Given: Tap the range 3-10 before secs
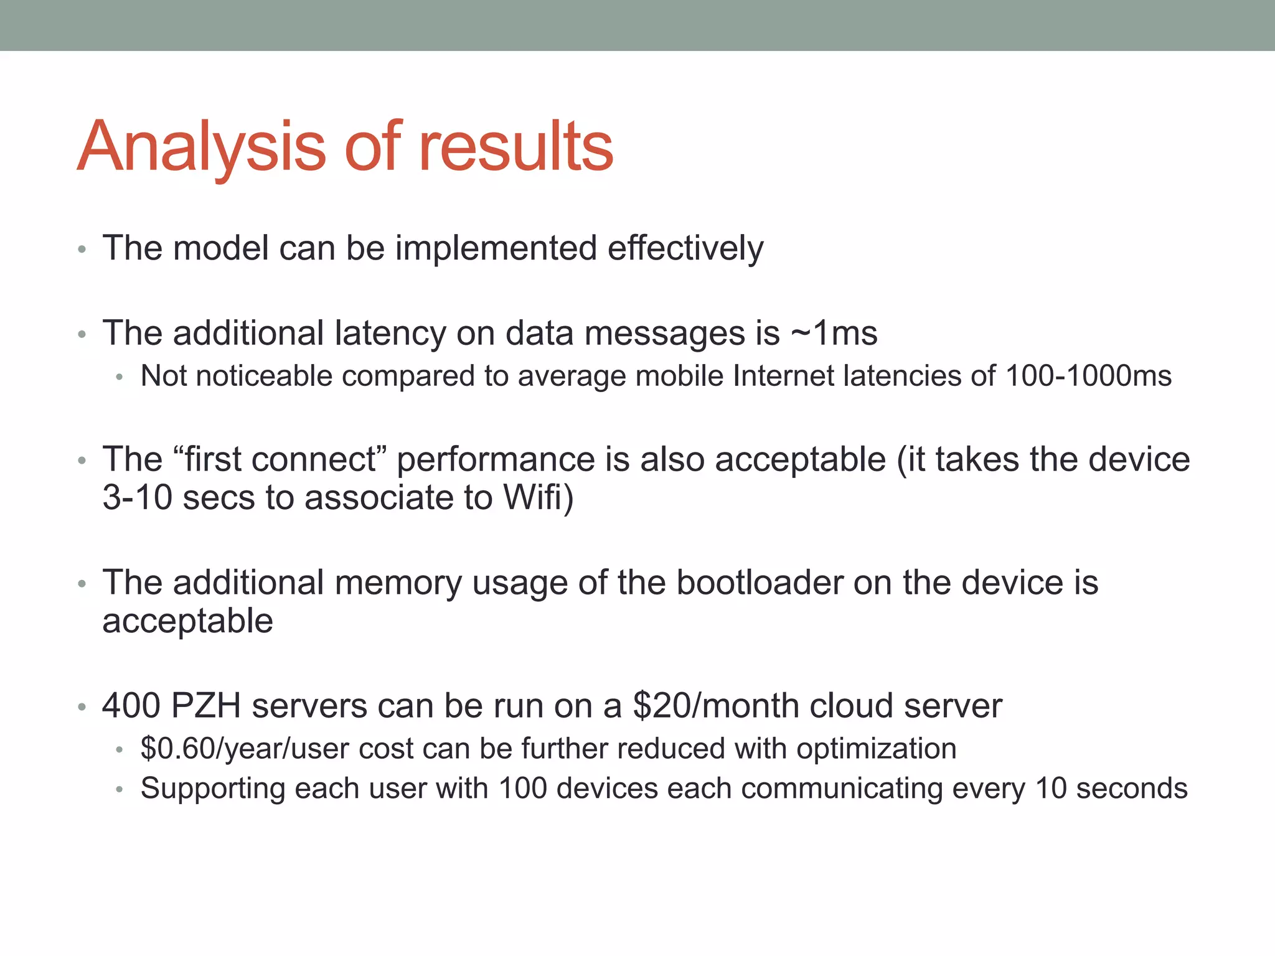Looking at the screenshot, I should click(137, 498).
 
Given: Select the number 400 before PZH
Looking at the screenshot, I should click(131, 706).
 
